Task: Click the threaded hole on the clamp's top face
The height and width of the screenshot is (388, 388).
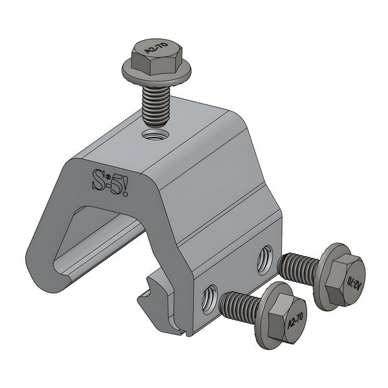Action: (x=155, y=135)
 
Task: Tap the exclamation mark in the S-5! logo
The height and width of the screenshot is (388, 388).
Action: (x=127, y=188)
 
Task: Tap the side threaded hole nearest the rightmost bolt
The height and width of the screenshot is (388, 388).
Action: (x=264, y=258)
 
